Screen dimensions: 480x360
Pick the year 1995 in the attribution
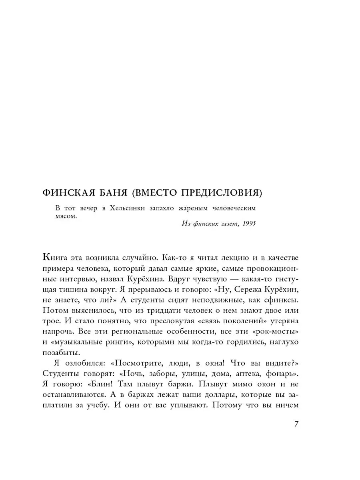pyautogui.click(x=248, y=224)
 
